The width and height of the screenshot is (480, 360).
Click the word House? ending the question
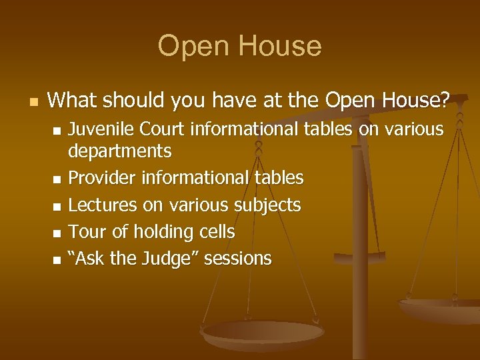(417, 101)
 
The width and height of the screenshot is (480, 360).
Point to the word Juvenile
(101, 129)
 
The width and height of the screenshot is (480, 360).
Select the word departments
(120, 151)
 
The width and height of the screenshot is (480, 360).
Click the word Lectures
(101, 205)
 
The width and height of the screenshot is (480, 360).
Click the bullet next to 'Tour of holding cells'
(57, 233)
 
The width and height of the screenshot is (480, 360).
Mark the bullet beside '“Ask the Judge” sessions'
(57, 259)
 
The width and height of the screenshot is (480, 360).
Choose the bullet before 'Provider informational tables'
(57, 179)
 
